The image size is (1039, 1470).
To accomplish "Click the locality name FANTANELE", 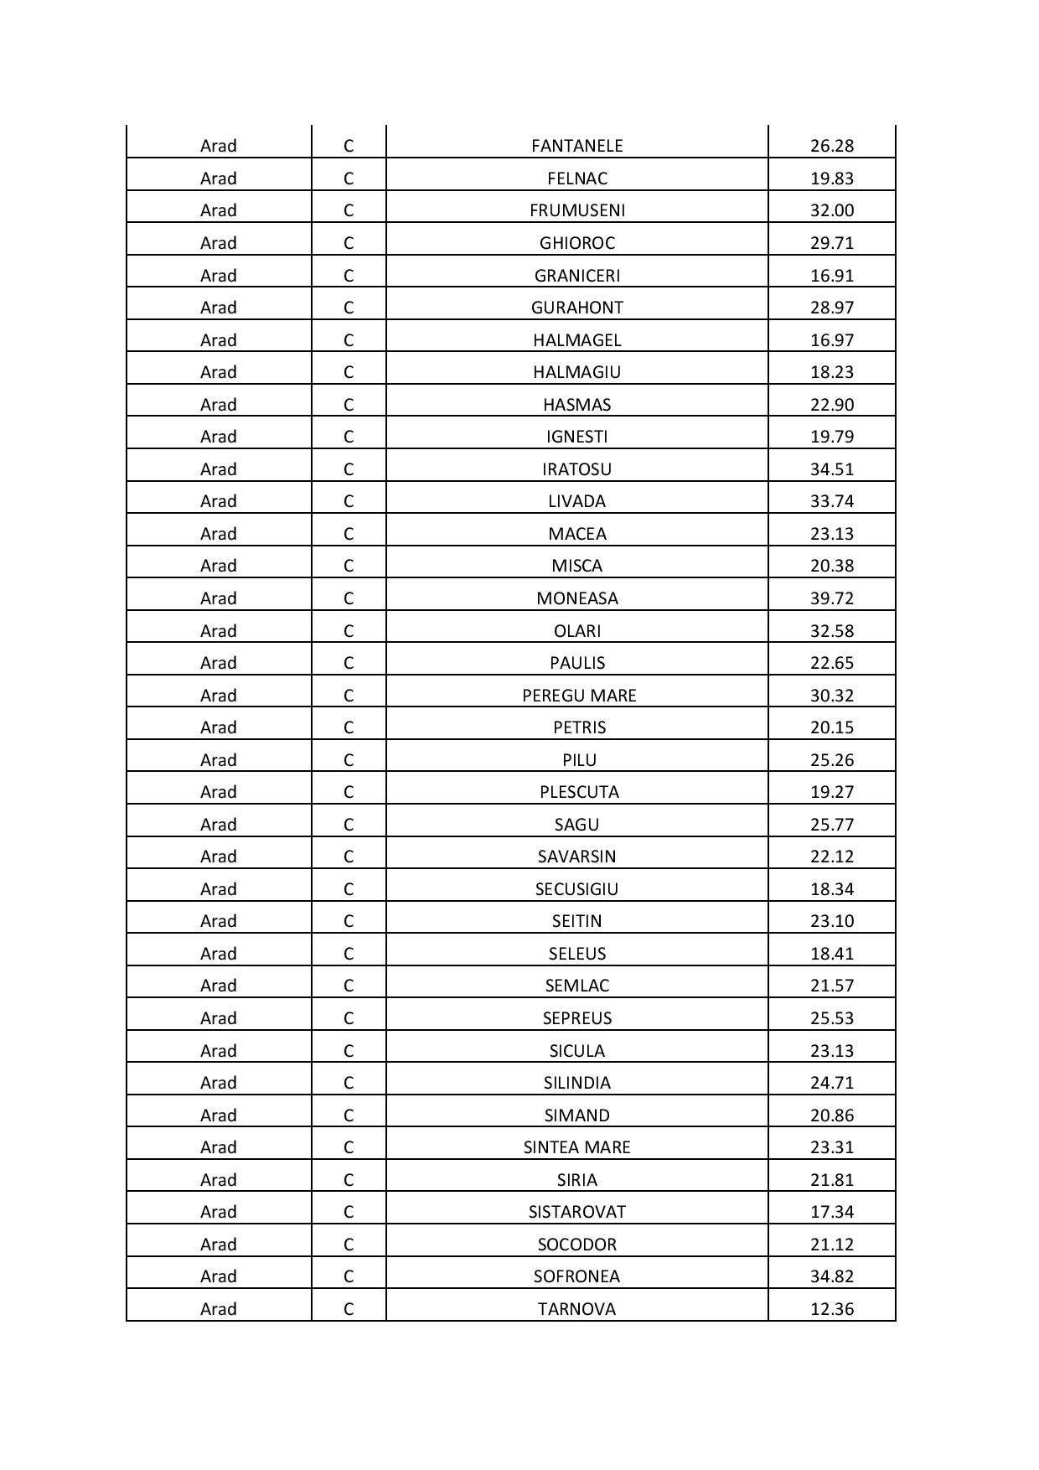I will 576,146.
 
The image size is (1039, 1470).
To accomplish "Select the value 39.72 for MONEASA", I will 831,598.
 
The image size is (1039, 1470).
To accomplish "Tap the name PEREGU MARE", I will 578,696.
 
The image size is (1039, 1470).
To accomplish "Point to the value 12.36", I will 831,1309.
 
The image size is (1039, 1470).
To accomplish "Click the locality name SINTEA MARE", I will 576,1147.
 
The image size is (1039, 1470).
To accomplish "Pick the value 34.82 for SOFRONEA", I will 831,1276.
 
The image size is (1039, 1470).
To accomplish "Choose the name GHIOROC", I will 576,243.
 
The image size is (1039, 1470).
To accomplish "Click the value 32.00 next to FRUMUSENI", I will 831,210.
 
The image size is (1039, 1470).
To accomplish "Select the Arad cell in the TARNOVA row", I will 218,1309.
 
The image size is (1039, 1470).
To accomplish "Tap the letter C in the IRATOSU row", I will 348,469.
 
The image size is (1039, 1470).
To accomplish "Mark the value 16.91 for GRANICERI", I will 831,276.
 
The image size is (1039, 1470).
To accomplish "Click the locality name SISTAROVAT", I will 576,1212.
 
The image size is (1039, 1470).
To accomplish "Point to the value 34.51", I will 831,469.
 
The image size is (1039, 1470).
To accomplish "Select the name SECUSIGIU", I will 576,889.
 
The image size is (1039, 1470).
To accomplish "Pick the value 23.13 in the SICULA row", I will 831,1051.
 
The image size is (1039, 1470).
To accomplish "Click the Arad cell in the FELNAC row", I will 218,179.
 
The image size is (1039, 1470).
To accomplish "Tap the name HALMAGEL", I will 576,340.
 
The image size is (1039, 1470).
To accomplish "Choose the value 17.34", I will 831,1212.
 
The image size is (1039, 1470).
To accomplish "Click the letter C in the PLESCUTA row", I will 348,792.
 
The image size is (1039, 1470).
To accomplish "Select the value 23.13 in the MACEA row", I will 831,534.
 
